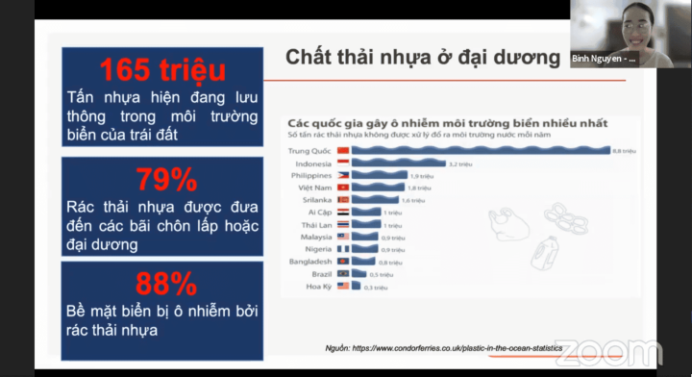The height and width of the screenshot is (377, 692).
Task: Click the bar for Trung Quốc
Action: click(x=482, y=151)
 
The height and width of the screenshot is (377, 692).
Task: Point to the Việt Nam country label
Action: click(x=313, y=188)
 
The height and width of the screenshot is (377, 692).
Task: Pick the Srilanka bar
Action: click(x=374, y=200)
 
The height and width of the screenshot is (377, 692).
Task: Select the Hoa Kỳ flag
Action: click(x=343, y=287)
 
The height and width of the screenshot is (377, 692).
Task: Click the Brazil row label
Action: click(x=319, y=274)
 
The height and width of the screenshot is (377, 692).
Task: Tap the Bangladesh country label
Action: click(x=309, y=262)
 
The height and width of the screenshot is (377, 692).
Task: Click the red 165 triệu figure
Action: click(x=162, y=70)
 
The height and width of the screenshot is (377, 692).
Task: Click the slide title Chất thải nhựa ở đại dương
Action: click(x=422, y=58)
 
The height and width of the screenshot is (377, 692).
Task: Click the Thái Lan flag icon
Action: click(x=343, y=225)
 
